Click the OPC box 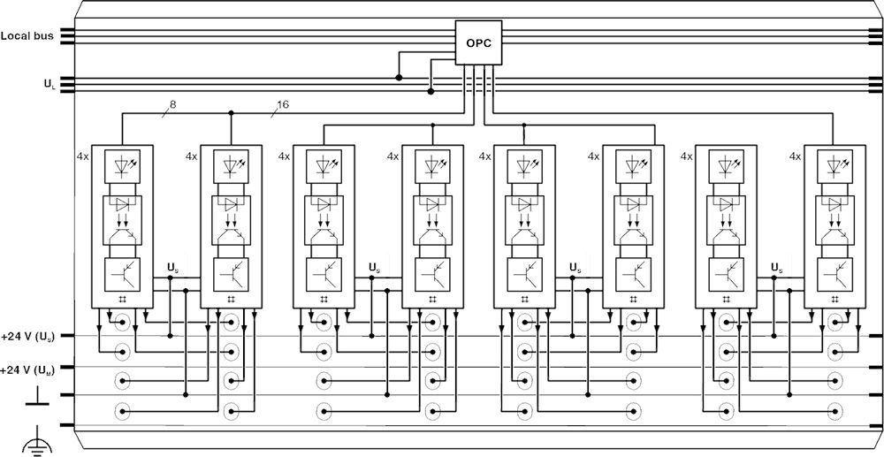(478, 42)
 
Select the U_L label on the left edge (48, 84)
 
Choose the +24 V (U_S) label (28, 336)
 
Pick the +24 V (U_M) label (28, 368)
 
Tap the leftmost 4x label (83, 156)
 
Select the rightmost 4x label (795, 156)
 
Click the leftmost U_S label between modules (171, 266)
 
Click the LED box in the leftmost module (122, 165)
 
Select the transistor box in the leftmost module (122, 273)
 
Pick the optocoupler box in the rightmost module (834, 218)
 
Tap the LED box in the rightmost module (834, 165)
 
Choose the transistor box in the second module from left (231, 273)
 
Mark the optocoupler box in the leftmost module (122, 218)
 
